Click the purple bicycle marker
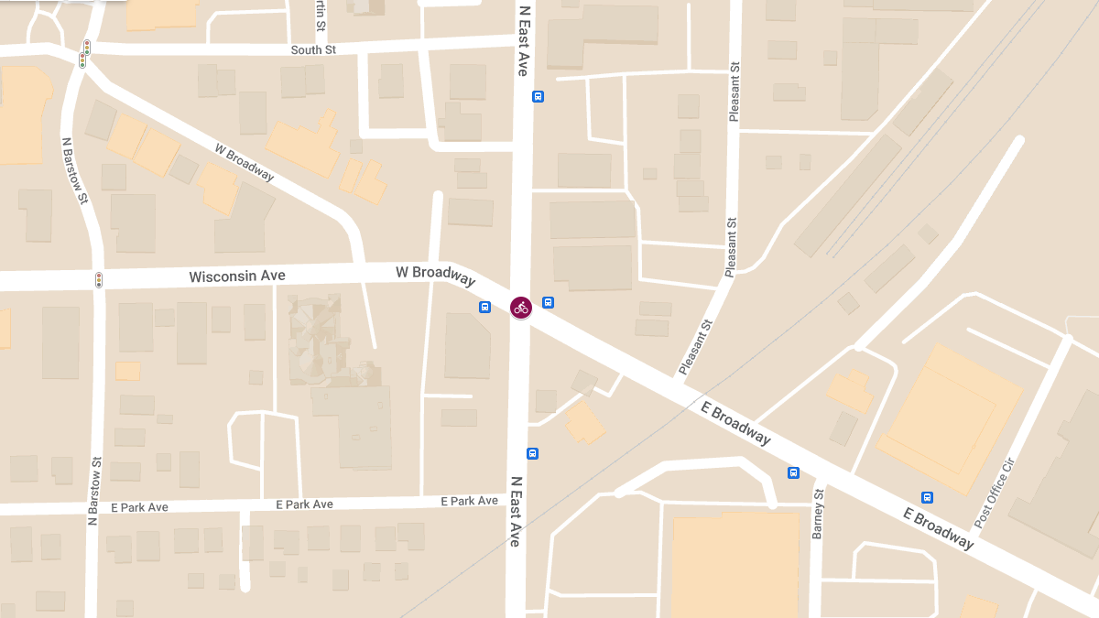[x=520, y=308]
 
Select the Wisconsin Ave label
[x=237, y=276]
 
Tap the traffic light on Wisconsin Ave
[x=98, y=280]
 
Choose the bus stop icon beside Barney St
[x=793, y=472]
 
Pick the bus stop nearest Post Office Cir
[x=927, y=498]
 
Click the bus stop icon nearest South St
[x=539, y=96]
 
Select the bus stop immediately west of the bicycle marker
[x=484, y=308]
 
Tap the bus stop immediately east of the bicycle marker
[x=548, y=302]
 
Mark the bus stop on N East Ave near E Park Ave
[x=532, y=453]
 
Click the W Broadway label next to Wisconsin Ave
[x=435, y=275]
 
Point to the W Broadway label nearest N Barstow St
[x=244, y=162]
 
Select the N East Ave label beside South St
[x=524, y=41]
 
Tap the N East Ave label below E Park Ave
[x=516, y=512]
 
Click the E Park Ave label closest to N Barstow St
[x=139, y=507]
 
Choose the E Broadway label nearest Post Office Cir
[x=938, y=528]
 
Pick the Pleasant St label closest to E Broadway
[x=695, y=347]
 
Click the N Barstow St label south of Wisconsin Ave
[x=93, y=492]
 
